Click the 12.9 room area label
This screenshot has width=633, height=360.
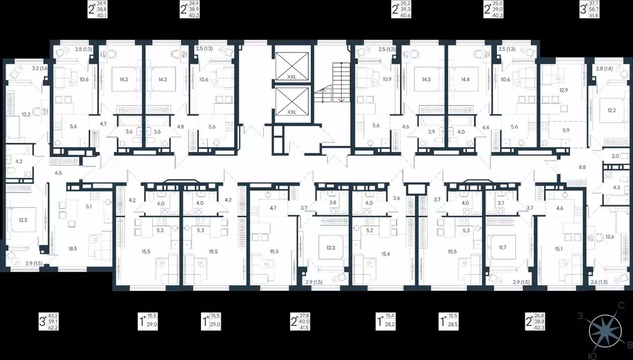click(563, 90)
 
